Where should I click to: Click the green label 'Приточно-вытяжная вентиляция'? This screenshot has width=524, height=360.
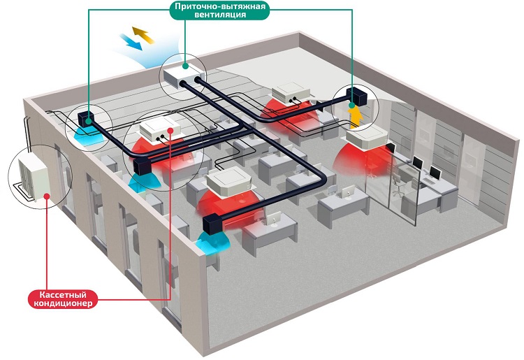point(221,10)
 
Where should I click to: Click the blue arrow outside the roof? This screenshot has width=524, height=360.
point(131,42)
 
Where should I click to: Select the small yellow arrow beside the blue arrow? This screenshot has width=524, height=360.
point(143,35)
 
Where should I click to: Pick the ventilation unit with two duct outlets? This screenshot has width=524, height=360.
point(184,76)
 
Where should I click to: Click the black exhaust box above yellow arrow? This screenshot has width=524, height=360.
point(356,96)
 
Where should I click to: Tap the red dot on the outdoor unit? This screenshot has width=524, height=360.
point(47,196)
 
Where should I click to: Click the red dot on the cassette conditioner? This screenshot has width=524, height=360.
point(171,130)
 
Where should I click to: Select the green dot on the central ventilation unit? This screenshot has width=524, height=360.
point(186,66)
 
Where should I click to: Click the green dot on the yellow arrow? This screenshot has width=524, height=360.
point(351,106)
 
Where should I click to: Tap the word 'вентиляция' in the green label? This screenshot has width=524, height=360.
point(221,15)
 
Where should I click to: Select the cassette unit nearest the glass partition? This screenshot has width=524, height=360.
point(367,138)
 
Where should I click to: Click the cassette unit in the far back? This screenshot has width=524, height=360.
point(291,92)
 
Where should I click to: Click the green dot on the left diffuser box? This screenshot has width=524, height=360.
point(88,122)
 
